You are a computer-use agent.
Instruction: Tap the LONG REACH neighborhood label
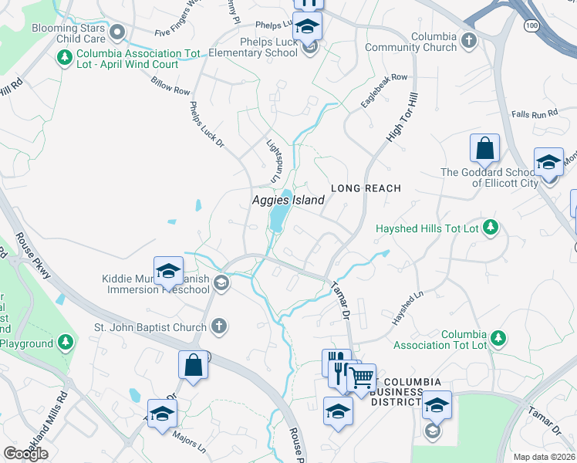(366, 188)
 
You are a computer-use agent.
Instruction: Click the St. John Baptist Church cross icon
(219, 326)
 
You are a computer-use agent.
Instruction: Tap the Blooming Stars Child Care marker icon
(117, 32)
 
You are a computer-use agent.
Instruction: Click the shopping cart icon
(361, 378)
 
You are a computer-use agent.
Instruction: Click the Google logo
(25, 453)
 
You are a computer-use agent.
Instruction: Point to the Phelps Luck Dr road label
(204, 123)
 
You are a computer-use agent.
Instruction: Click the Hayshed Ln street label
(407, 307)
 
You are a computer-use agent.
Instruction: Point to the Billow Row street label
(170, 86)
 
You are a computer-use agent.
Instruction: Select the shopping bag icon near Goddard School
(484, 147)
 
